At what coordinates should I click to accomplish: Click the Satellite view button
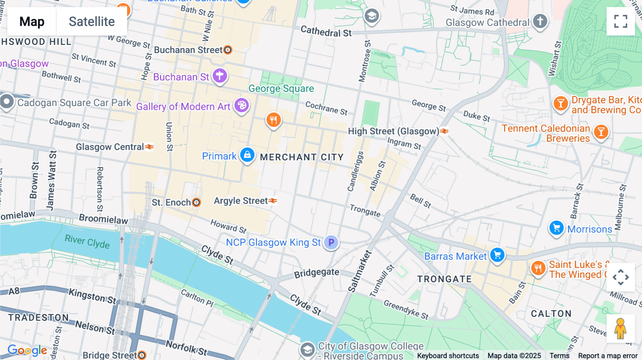pos(92,22)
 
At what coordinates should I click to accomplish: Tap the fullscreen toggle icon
pos(621,21)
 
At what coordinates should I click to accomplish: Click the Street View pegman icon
pos(620,329)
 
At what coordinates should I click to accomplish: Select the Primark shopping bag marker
pos(247,155)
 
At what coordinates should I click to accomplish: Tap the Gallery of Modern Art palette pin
pos(242,106)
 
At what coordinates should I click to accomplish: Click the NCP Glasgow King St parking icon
pos(331,243)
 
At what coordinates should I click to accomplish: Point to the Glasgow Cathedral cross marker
pos(540,21)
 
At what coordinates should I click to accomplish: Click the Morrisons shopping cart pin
pos(556,228)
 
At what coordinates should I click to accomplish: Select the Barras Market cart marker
pos(497,255)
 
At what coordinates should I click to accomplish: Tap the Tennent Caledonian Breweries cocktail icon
pos(601,132)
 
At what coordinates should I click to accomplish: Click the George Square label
pos(281,88)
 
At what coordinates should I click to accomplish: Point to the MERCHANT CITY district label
pos(302,157)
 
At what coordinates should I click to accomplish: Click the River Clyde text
pos(87,241)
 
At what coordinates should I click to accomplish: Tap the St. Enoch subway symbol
pos(196,202)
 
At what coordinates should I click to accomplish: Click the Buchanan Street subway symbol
pos(228,50)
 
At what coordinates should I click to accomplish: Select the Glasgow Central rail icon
pos(149,147)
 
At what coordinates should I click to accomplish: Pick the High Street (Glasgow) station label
pos(393,132)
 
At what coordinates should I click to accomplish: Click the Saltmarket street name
pos(360,271)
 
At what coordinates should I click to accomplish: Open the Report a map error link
pos(608,356)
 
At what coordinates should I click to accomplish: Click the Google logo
pos(27,350)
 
